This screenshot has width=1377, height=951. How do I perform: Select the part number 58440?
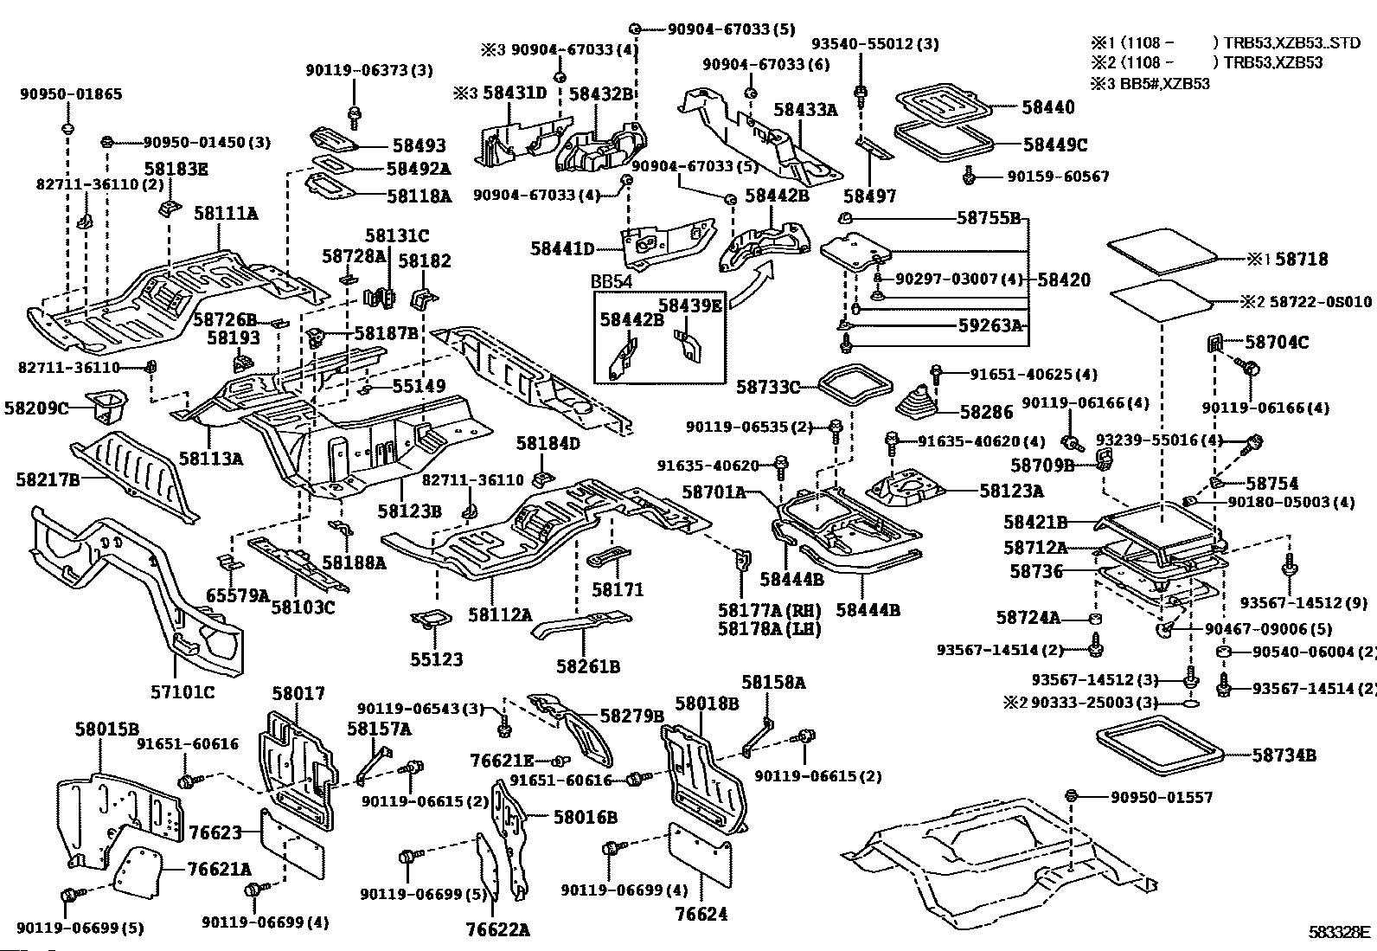pos(1047,107)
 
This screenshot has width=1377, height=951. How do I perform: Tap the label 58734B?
pos(1284,755)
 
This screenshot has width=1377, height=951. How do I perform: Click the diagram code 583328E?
pos(1339,932)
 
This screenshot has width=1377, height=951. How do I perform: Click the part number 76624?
pos(701,913)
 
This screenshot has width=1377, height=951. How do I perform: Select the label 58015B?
pos(108,729)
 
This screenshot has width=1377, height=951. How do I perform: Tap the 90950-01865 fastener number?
pos(71,94)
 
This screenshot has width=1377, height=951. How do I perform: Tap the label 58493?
pos(419,147)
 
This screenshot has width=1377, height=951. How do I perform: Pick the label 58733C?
pos(768,387)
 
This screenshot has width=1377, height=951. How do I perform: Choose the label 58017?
pos(298,693)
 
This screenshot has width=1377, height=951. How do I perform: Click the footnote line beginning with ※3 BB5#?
pos(1150,84)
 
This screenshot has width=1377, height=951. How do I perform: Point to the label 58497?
pos(870,196)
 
